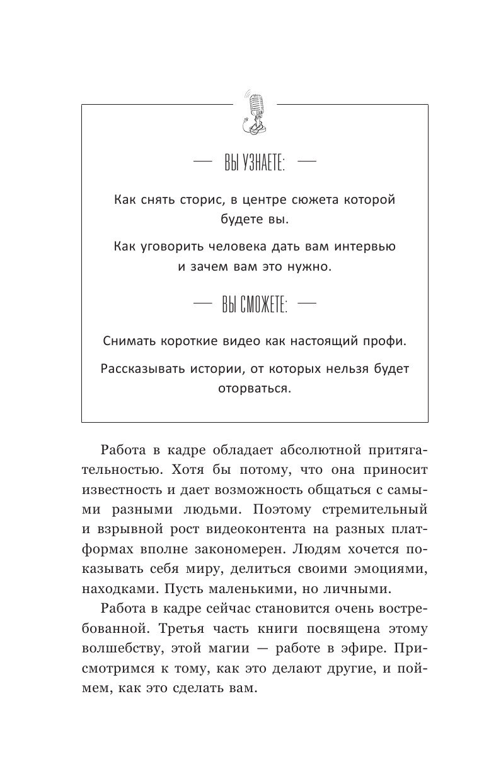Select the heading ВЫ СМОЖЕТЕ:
[x=255, y=307]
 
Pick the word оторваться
[x=255, y=389]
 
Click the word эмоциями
[x=391, y=569]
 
